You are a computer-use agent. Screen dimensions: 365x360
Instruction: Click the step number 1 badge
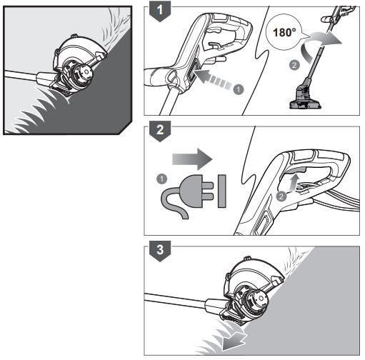[160, 11]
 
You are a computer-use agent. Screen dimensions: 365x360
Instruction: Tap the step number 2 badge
[160, 131]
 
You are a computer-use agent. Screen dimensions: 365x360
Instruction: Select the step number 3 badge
[160, 250]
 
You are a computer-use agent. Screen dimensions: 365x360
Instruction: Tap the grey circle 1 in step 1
[239, 90]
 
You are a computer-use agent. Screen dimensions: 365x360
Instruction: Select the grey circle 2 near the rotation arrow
[294, 65]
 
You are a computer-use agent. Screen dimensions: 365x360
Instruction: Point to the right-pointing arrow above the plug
[192, 159]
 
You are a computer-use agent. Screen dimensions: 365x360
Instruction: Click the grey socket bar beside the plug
[221, 191]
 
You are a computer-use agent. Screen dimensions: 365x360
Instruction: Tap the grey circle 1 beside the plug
[162, 179]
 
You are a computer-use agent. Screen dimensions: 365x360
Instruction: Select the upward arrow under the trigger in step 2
[295, 182]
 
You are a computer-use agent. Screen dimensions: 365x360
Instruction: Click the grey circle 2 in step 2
[281, 196]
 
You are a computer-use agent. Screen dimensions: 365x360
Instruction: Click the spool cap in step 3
[259, 299]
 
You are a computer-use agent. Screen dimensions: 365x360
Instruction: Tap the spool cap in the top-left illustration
[83, 72]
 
